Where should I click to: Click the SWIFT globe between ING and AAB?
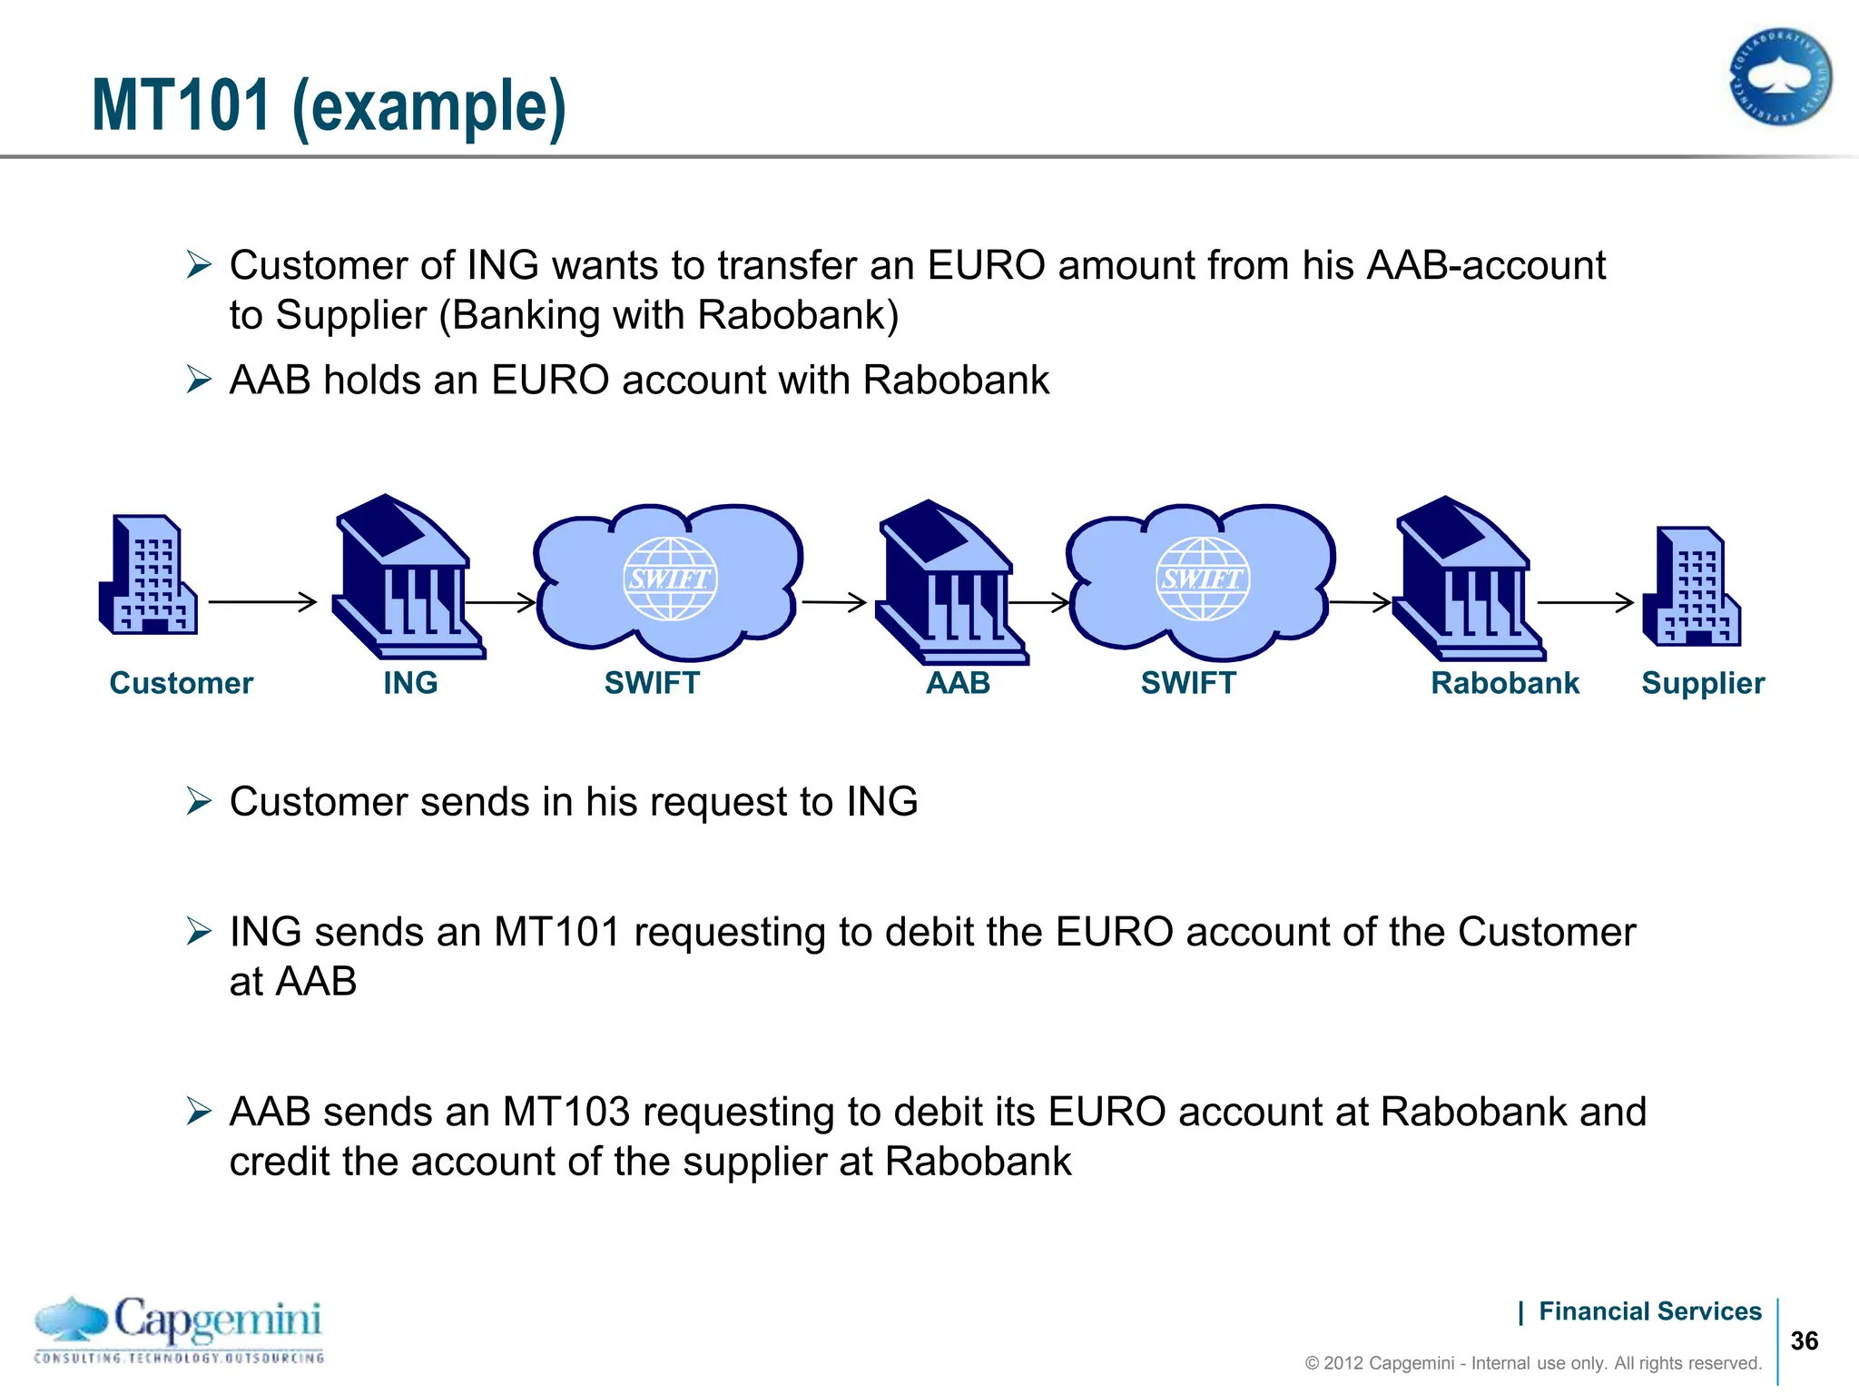[670, 579]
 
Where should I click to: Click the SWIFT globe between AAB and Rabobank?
[1202, 579]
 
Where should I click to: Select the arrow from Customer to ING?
[262, 601]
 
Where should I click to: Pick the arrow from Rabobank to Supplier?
[1585, 601]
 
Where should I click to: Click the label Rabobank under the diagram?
[1505, 683]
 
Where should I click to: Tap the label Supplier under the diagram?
[1702, 683]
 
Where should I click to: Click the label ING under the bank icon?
[410, 683]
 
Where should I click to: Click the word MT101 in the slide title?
[182, 105]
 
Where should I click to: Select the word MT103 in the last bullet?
[566, 1112]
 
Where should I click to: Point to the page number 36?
[1804, 1341]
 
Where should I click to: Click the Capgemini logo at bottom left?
[179, 1330]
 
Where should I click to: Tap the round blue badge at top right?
[1779, 77]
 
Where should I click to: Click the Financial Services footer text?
[1649, 1311]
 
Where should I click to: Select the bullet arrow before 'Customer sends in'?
[199, 801]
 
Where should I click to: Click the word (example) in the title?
[429, 107]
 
